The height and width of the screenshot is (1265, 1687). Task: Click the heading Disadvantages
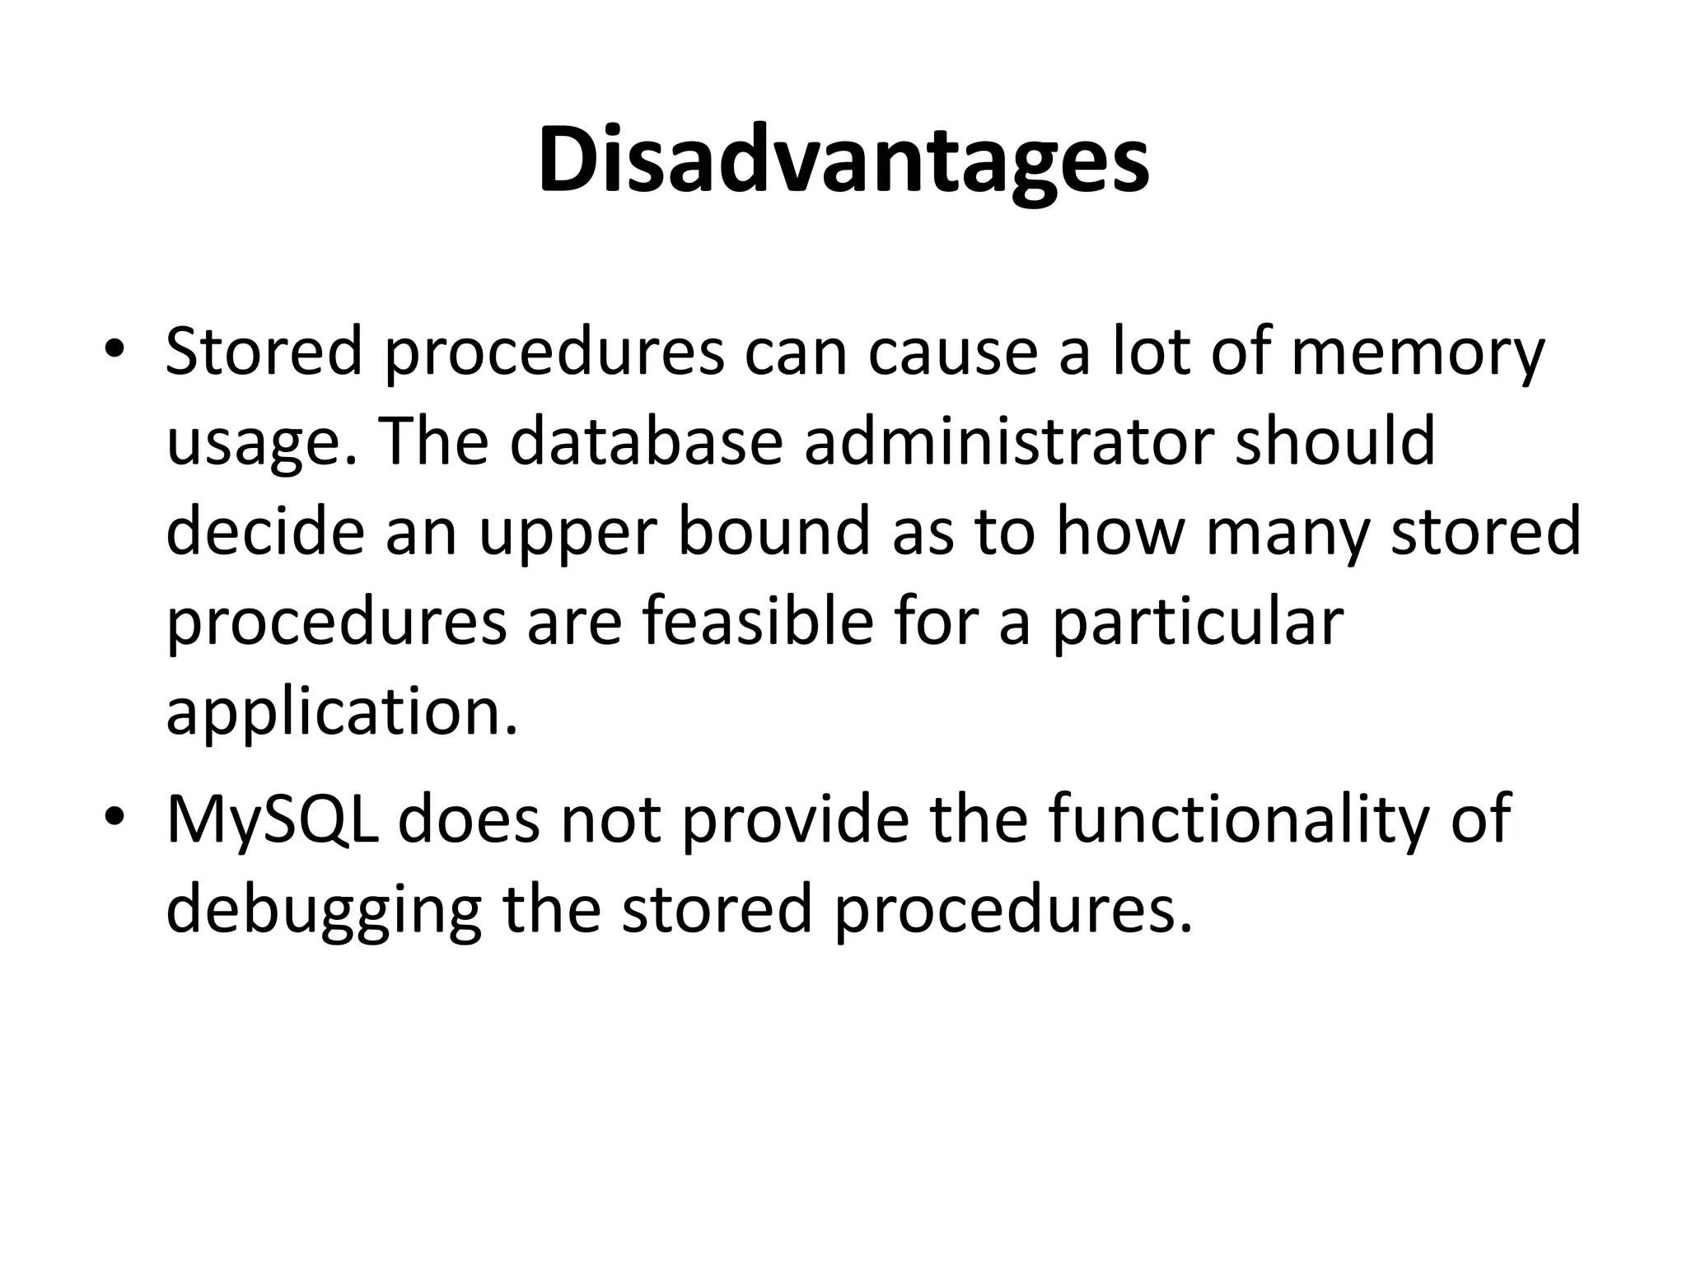pyautogui.click(x=843, y=161)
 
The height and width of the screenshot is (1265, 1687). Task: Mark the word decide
pyautogui.click(x=264, y=532)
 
